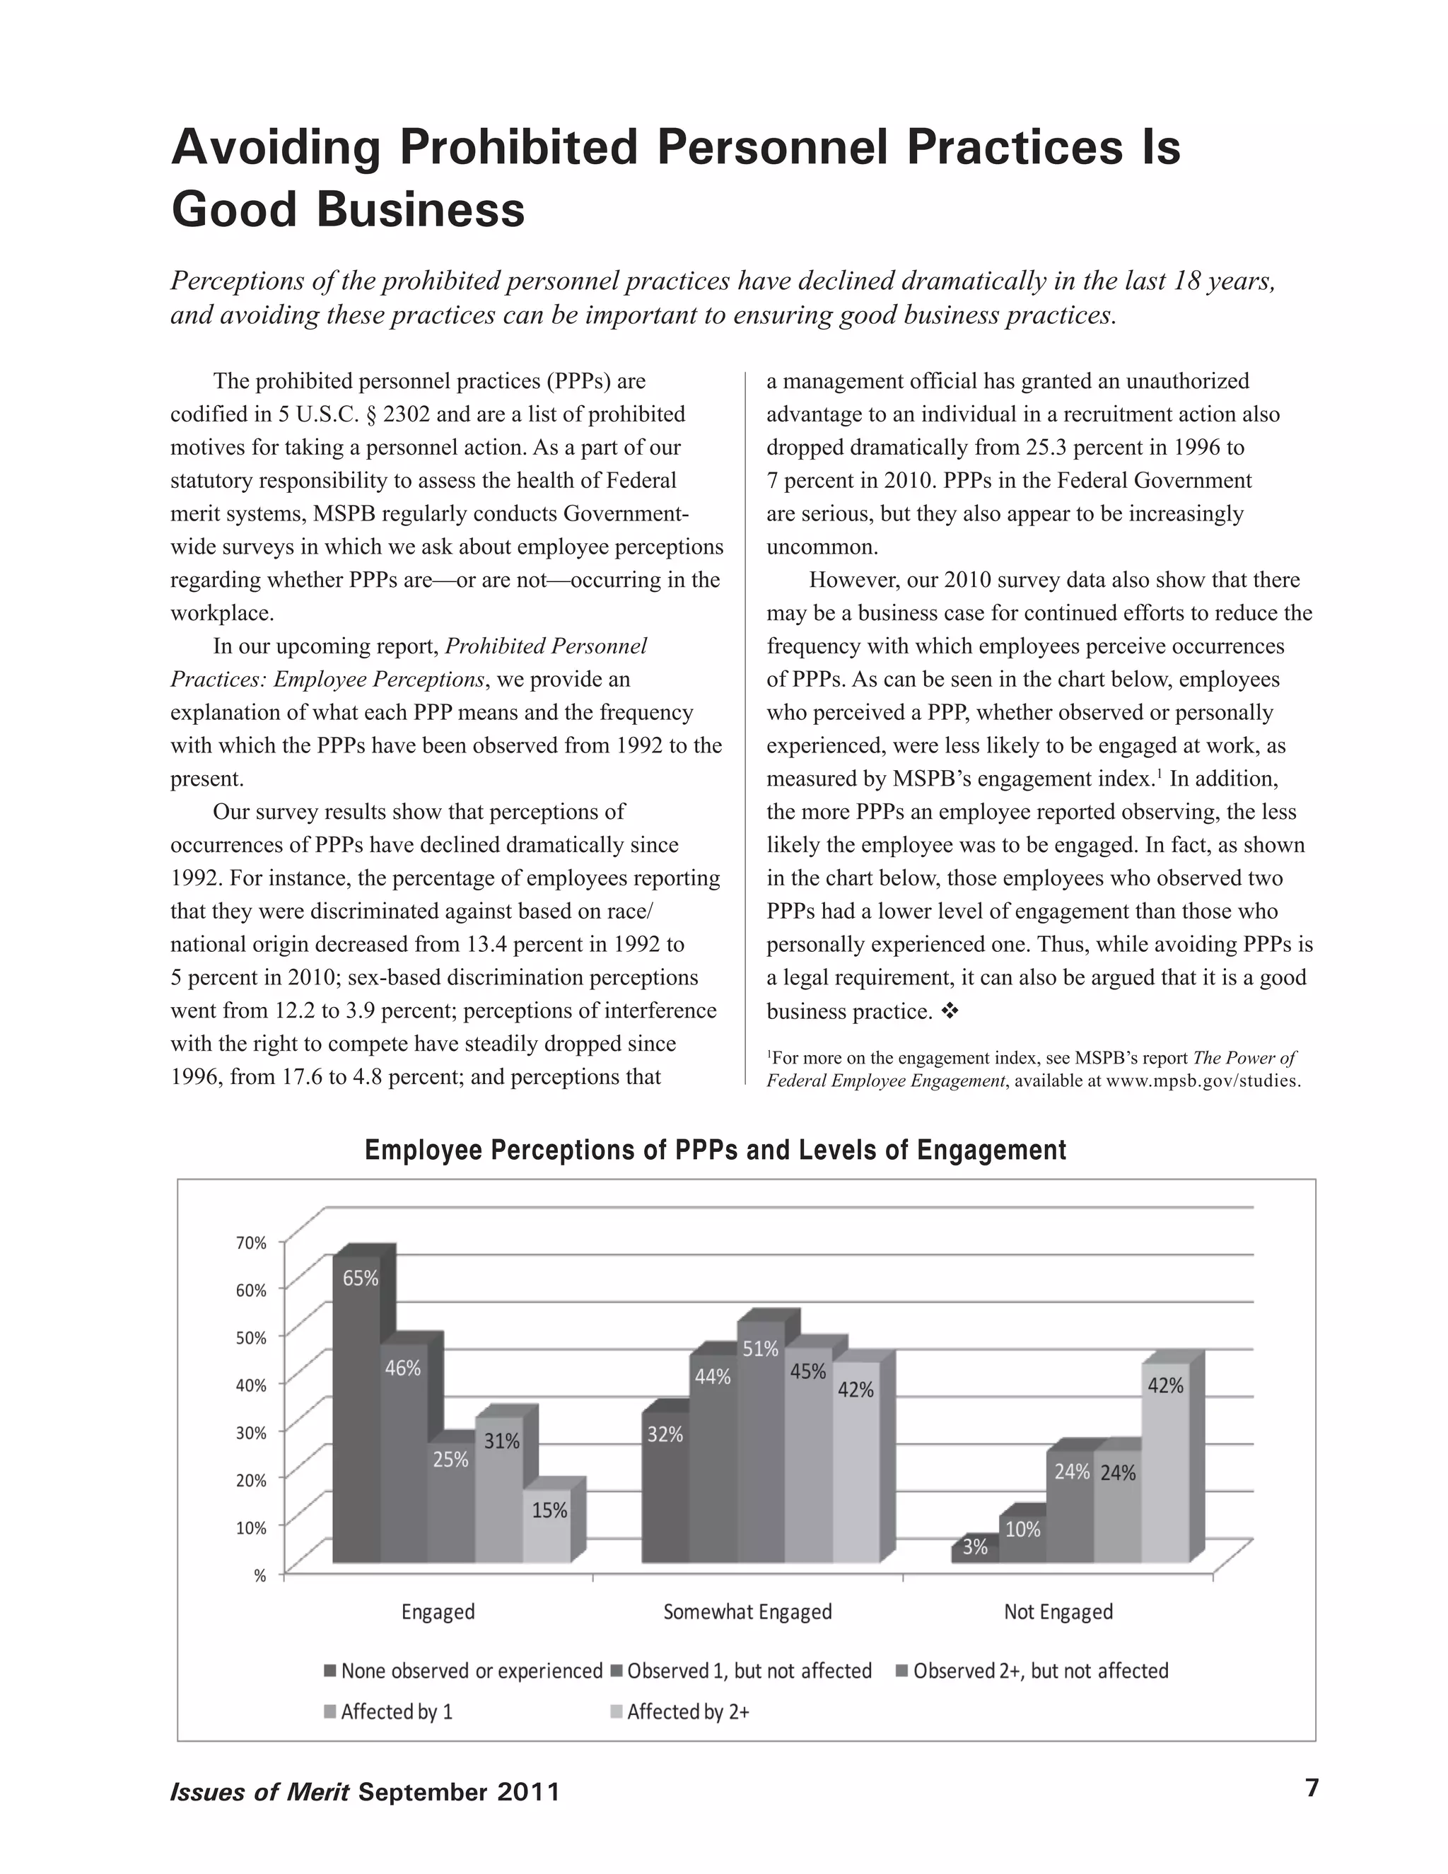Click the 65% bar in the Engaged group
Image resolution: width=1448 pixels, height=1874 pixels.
click(x=357, y=1407)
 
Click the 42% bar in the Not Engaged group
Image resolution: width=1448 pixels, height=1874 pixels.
click(x=1165, y=1459)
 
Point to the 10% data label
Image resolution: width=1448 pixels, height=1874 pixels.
click(x=1022, y=1529)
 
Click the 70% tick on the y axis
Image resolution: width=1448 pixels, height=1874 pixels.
click(x=251, y=1242)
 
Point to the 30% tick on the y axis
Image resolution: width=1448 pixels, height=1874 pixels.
click(x=251, y=1432)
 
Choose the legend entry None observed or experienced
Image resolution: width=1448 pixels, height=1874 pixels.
click(x=462, y=1670)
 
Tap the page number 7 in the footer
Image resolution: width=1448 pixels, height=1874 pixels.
click(x=1311, y=1788)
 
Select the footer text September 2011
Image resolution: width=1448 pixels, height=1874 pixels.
click(x=458, y=1793)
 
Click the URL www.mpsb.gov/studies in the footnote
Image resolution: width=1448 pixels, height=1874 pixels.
click(x=1202, y=1081)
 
